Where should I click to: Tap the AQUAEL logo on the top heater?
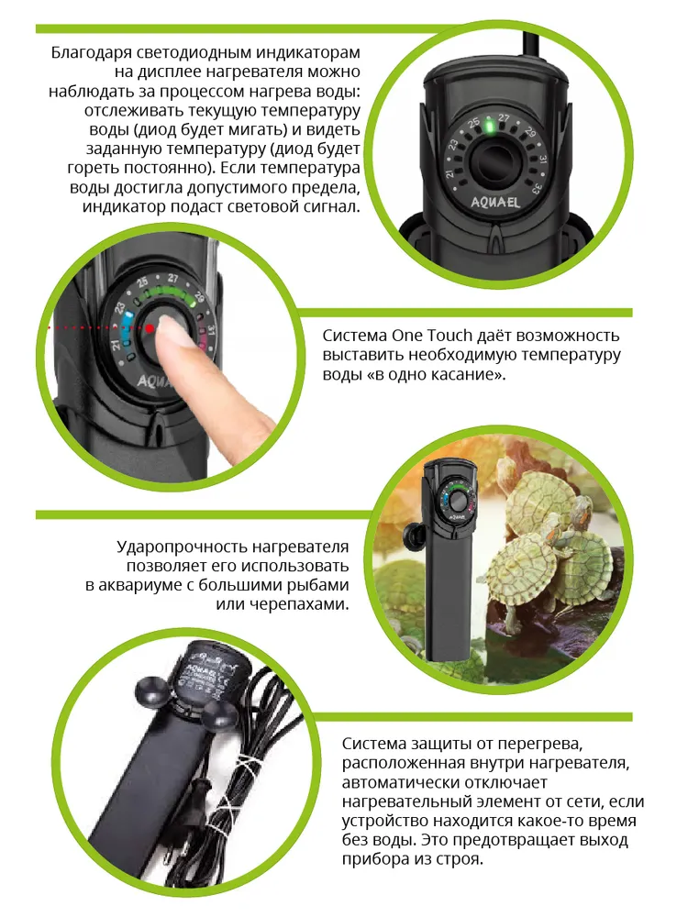pos(495,203)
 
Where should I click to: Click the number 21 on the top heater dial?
pos(449,173)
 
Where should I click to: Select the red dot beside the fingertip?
pos(150,328)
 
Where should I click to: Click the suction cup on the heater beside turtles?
pos(416,535)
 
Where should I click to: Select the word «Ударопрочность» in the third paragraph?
pos(183,547)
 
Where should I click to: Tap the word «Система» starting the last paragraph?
pos(372,744)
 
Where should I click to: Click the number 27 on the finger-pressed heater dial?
pos(172,278)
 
